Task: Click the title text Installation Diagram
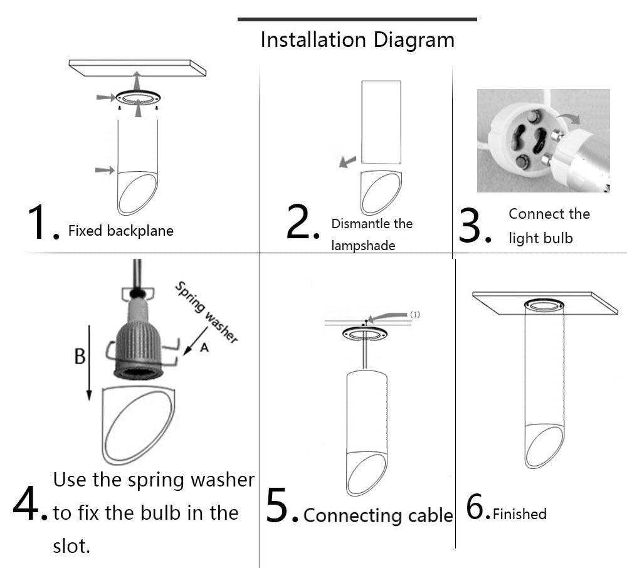tap(357, 40)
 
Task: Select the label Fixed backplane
tap(120, 231)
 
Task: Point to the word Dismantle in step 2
tap(357, 224)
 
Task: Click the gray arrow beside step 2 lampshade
tap(347, 162)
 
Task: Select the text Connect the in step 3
tap(549, 214)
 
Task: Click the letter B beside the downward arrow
tap(80, 357)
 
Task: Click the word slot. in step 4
tap(71, 545)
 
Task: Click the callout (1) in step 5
tap(414, 314)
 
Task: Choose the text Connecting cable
tap(377, 516)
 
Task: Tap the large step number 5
tap(280, 505)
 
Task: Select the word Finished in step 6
tap(519, 514)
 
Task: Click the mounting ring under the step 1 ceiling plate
tap(138, 98)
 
